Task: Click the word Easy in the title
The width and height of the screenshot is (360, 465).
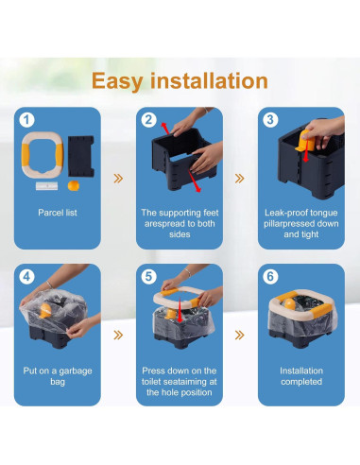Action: point(117,81)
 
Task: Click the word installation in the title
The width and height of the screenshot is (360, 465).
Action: point(209,80)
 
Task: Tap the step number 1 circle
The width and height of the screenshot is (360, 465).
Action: point(26,120)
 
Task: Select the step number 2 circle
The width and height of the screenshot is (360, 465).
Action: point(148,120)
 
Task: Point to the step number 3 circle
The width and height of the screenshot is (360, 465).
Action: point(270,120)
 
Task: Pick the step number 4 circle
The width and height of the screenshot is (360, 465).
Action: point(26,277)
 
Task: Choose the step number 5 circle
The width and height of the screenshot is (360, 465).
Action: point(148,277)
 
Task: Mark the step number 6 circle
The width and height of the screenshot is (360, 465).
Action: point(270,277)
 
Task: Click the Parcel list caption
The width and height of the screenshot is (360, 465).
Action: point(58,213)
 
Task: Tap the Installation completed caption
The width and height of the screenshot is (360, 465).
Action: point(301,376)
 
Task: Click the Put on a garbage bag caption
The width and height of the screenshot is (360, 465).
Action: point(58,376)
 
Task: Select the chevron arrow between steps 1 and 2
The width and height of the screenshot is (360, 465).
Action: point(118,179)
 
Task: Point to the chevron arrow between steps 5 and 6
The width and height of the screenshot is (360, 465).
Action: point(240,335)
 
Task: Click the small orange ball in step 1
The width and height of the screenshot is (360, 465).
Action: point(74,185)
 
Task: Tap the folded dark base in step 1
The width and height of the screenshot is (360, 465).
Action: point(81,156)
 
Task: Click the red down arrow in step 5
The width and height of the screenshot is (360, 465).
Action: point(180,310)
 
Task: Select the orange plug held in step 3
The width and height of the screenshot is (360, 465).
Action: point(305,141)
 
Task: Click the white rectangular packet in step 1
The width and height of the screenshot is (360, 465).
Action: point(46,186)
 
